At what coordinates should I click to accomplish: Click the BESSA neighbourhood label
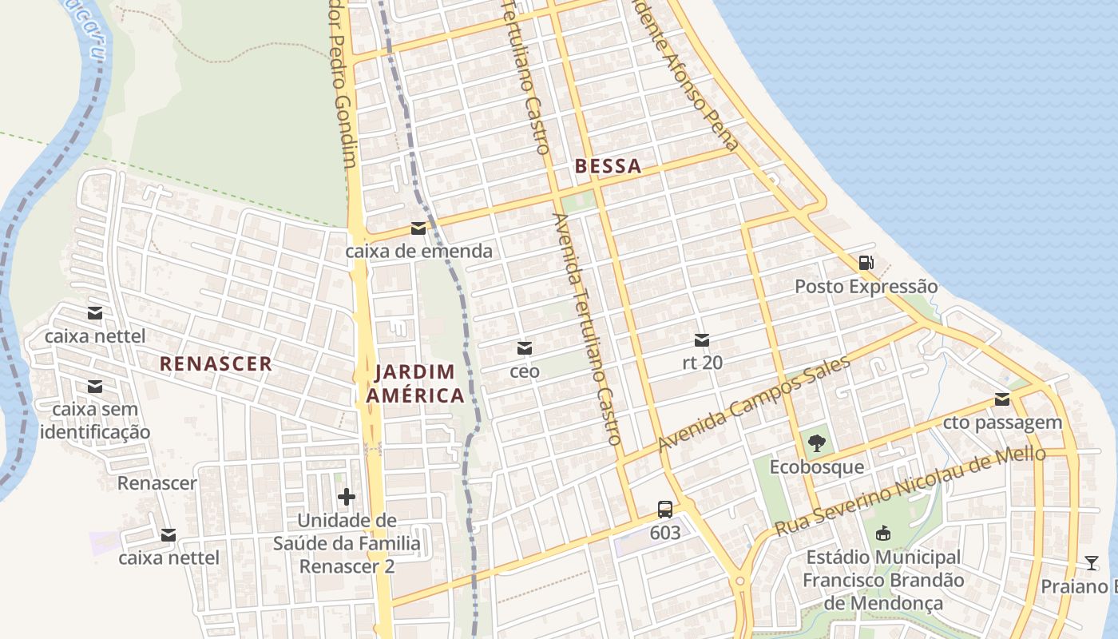click(608, 166)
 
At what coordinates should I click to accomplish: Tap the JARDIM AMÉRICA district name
click(414, 383)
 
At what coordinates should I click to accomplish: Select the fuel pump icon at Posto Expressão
click(866, 262)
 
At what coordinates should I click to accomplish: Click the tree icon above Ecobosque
click(815, 443)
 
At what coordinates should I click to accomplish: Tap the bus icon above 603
click(664, 509)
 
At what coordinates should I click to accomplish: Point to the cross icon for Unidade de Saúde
click(346, 497)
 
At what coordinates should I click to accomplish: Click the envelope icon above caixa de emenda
click(418, 228)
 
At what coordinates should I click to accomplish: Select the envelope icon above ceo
click(525, 348)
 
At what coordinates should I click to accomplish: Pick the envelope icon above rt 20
click(702, 340)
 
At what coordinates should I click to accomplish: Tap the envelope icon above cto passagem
click(1002, 399)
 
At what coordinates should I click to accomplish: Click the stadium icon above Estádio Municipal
click(883, 533)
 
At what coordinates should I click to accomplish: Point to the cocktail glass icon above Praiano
click(1092, 562)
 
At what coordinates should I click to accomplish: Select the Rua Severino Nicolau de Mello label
click(910, 491)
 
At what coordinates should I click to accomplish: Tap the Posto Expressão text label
click(866, 287)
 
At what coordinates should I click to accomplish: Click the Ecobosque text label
click(816, 466)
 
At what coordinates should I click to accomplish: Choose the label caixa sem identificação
click(95, 421)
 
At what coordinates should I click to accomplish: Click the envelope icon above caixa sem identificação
click(95, 387)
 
